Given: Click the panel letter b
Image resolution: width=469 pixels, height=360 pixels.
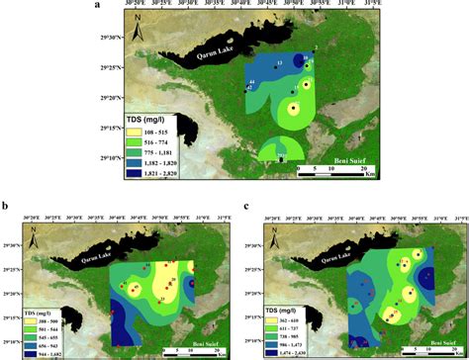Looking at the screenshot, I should pyautogui.click(x=6, y=206).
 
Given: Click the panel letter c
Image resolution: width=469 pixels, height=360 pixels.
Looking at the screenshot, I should pyautogui.click(x=244, y=206).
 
